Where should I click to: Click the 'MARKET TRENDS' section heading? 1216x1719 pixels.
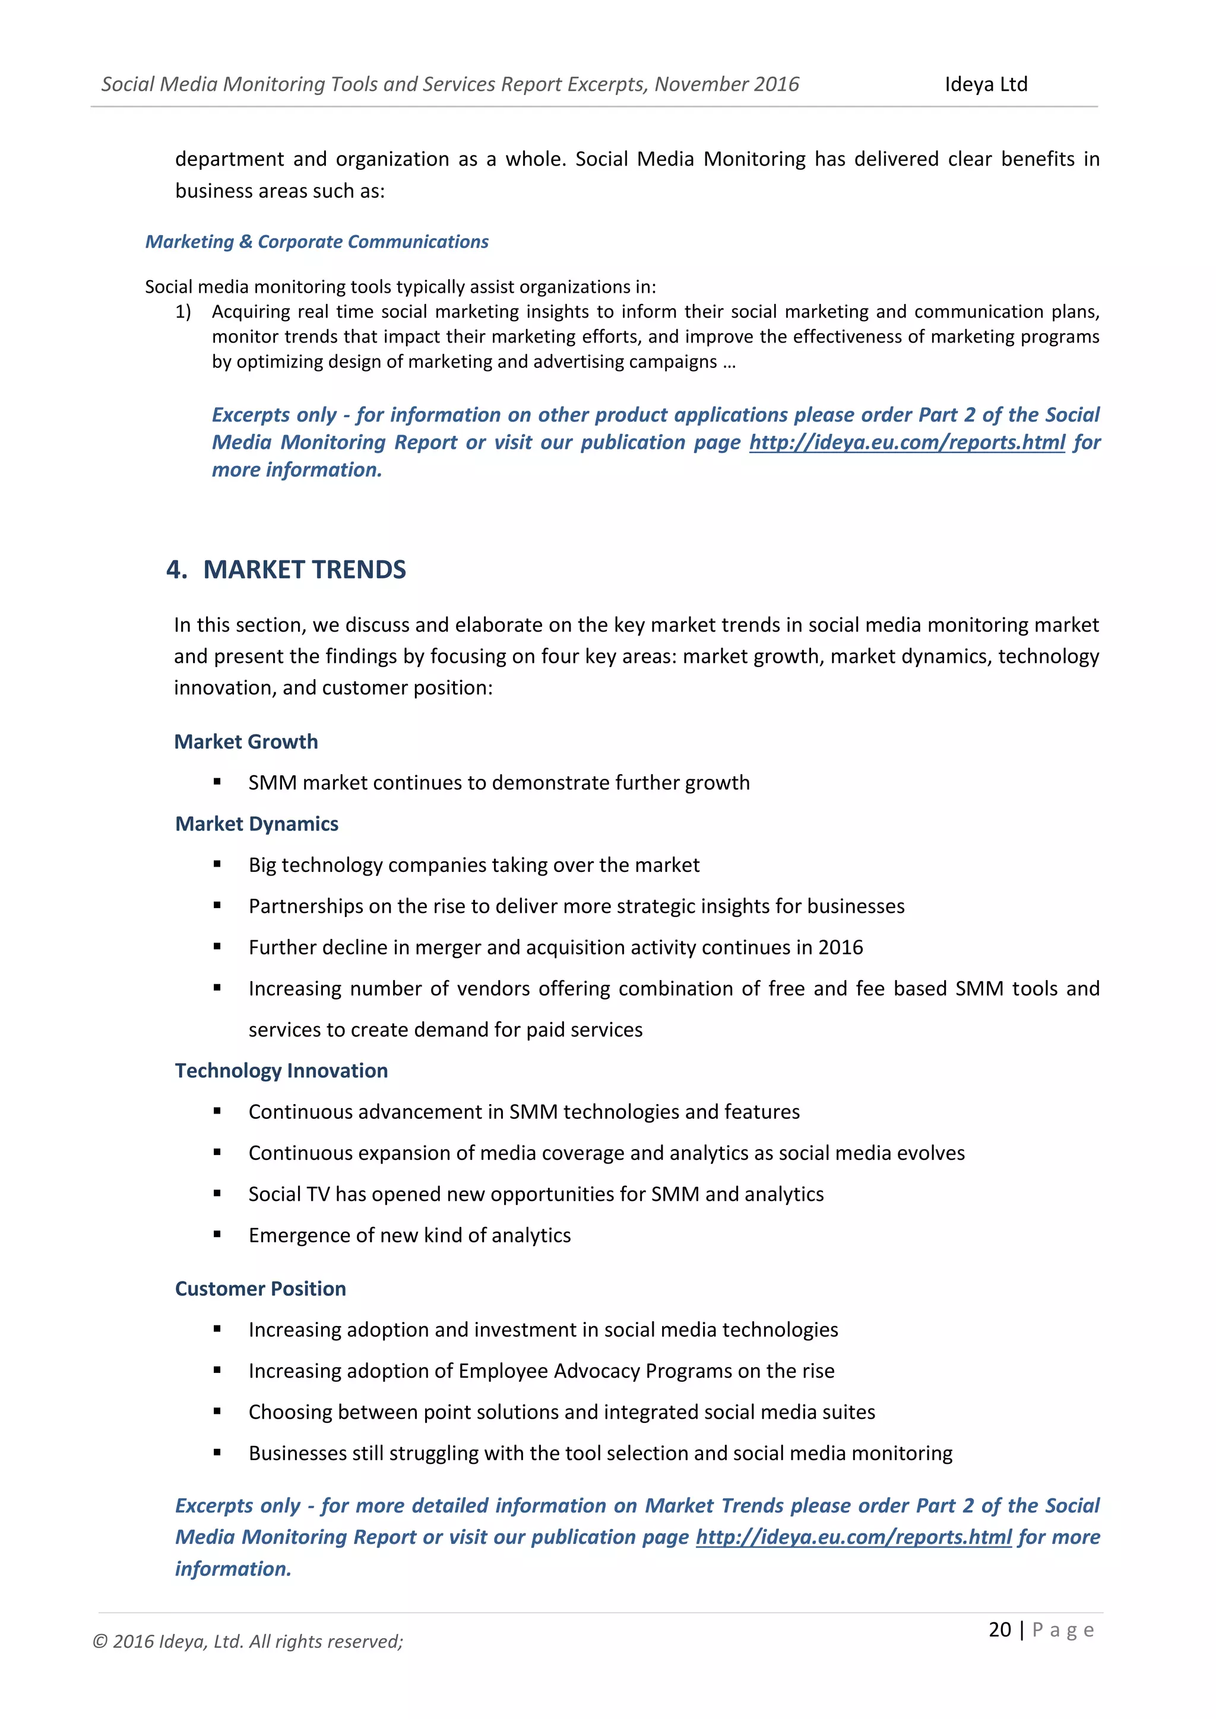[x=304, y=570]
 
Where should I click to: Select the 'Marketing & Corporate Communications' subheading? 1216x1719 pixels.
[x=316, y=242]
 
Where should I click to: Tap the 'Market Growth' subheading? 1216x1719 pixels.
[x=246, y=741]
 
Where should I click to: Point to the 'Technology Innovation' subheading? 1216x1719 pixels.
[x=281, y=1071]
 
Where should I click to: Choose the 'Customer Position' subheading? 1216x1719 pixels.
[x=260, y=1289]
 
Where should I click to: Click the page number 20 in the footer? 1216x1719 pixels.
[x=1000, y=1629]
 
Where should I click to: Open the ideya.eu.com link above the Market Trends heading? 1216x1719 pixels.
[x=907, y=442]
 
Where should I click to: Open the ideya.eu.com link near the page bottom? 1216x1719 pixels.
[x=854, y=1537]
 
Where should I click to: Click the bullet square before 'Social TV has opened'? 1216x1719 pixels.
[x=217, y=1194]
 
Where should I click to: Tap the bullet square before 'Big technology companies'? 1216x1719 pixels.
[x=217, y=864]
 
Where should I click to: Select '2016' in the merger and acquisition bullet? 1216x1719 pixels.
[x=840, y=947]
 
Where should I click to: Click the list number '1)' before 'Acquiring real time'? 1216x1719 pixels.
[x=183, y=312]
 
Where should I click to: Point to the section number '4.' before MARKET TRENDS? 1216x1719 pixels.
[x=177, y=570]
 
